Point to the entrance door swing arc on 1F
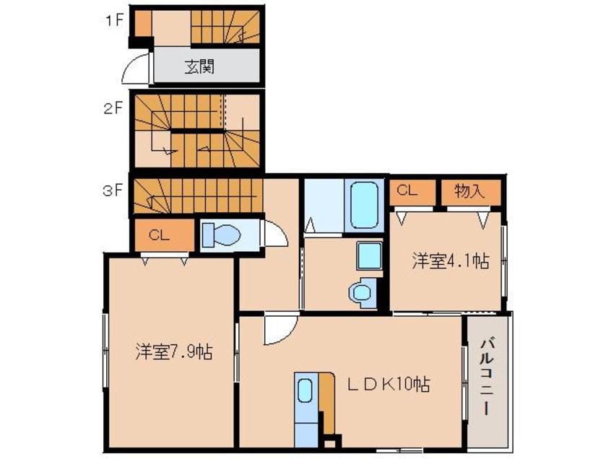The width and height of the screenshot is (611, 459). tap(136, 70)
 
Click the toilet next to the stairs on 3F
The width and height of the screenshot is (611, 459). tap(220, 234)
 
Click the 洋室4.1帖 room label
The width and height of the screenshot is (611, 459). tap(450, 261)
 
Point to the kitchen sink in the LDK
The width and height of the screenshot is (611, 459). tap(305, 391)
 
